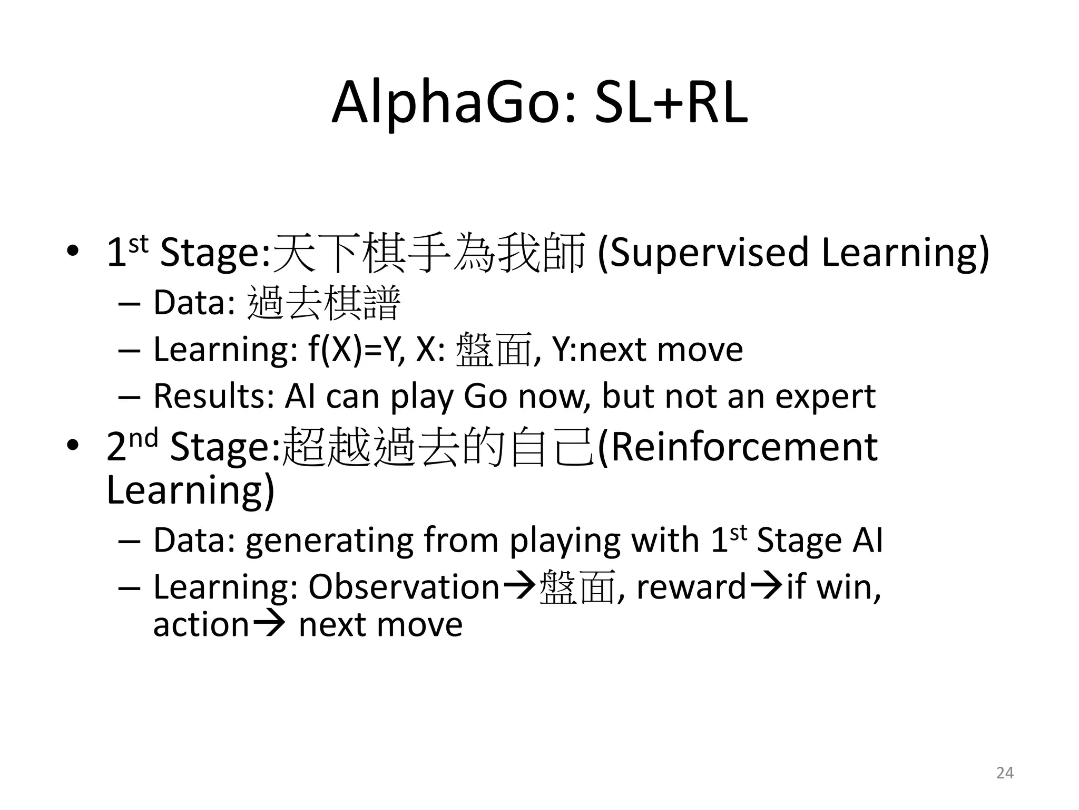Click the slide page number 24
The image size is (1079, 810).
click(1005, 773)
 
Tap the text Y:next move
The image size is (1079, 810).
click(648, 349)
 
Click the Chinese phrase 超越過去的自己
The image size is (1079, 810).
click(439, 447)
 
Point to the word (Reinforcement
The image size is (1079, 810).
click(738, 447)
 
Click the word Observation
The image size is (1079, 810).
click(404, 587)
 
